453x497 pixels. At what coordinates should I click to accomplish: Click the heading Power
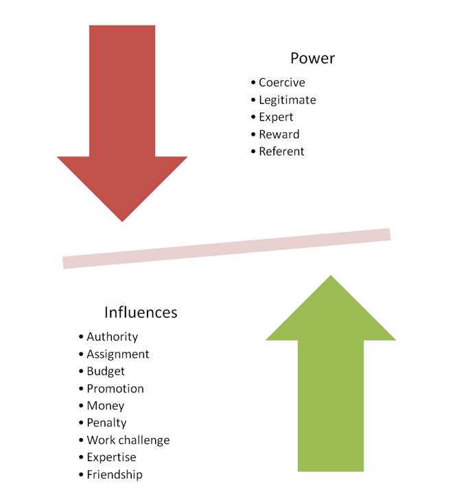pyautogui.click(x=312, y=58)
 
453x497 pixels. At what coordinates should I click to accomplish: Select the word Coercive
pyautogui.click(x=281, y=83)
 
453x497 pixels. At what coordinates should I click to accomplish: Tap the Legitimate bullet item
pyautogui.click(x=287, y=100)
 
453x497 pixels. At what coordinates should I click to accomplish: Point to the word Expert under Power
pyautogui.click(x=276, y=117)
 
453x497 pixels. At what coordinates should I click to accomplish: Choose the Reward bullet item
pyautogui.click(x=279, y=134)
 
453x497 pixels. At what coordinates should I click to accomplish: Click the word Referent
pyautogui.click(x=281, y=151)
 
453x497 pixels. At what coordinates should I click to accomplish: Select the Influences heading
pyautogui.click(x=141, y=313)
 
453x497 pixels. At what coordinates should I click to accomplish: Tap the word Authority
pyautogui.click(x=112, y=337)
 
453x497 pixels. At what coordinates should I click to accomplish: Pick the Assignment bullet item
pyautogui.click(x=117, y=354)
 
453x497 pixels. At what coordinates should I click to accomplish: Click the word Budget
pyautogui.click(x=106, y=372)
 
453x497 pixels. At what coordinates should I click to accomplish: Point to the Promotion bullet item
pyautogui.click(x=115, y=389)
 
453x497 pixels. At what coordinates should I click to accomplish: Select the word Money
pyautogui.click(x=105, y=406)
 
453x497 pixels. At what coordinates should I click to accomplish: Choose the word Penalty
pyautogui.click(x=106, y=423)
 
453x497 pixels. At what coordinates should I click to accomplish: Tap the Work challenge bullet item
pyautogui.click(x=128, y=440)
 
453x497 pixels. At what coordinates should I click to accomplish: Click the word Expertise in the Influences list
pyautogui.click(x=111, y=457)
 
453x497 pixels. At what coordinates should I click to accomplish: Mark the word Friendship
pyautogui.click(x=115, y=474)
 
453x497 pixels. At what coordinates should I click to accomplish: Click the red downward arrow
pyautogui.click(x=122, y=123)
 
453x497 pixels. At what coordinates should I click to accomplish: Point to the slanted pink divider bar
pyautogui.click(x=226, y=248)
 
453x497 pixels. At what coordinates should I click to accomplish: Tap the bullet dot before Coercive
pyautogui.click(x=253, y=83)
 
